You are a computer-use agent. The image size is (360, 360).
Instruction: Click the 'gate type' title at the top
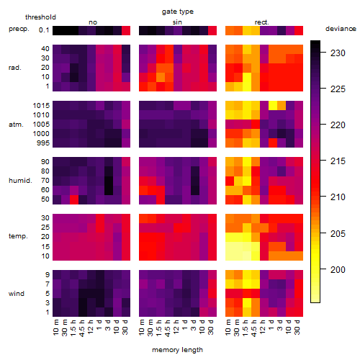pos(178,12)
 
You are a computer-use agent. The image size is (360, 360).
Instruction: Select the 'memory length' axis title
pos(177,350)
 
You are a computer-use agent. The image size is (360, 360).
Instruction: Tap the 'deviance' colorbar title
pos(341,29)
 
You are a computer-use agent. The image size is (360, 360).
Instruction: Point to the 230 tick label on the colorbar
pos(338,53)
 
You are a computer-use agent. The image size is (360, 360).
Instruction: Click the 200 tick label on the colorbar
pos(338,270)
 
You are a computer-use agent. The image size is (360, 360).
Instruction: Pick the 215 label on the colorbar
pos(338,161)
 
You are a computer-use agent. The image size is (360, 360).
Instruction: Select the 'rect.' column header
pos(261,22)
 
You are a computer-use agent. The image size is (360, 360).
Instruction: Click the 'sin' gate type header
pos(177,22)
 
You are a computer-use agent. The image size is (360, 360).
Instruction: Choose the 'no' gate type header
pos(93,22)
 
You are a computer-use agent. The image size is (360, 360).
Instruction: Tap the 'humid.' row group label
pos(20,181)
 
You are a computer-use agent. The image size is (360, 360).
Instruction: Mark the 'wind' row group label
pos(17,294)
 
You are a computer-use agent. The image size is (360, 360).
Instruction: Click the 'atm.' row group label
pos(16,125)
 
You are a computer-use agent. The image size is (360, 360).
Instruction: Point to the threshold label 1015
pos(41,106)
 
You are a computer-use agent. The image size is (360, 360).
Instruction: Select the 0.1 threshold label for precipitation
pos(44,30)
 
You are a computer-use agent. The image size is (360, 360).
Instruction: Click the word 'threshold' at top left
pos(40,17)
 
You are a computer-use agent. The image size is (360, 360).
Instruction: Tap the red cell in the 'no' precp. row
pos(126,30)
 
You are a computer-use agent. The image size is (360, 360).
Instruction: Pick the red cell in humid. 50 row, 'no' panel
pos(74,199)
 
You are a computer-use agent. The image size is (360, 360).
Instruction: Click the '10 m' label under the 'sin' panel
pos(143,328)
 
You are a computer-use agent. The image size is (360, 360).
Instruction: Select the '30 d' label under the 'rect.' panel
pos(297,328)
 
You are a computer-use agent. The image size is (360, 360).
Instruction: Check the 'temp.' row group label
pos(18,236)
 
